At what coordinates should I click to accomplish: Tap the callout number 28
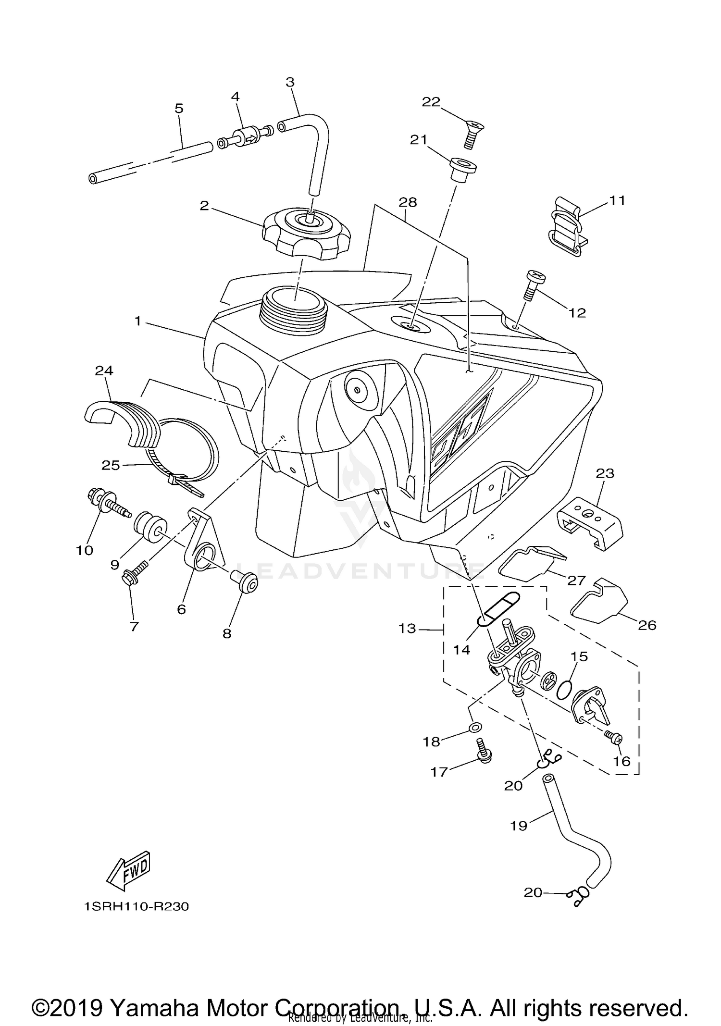pos(408,202)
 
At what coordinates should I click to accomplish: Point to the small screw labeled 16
pos(613,736)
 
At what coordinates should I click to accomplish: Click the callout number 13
pos(407,628)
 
